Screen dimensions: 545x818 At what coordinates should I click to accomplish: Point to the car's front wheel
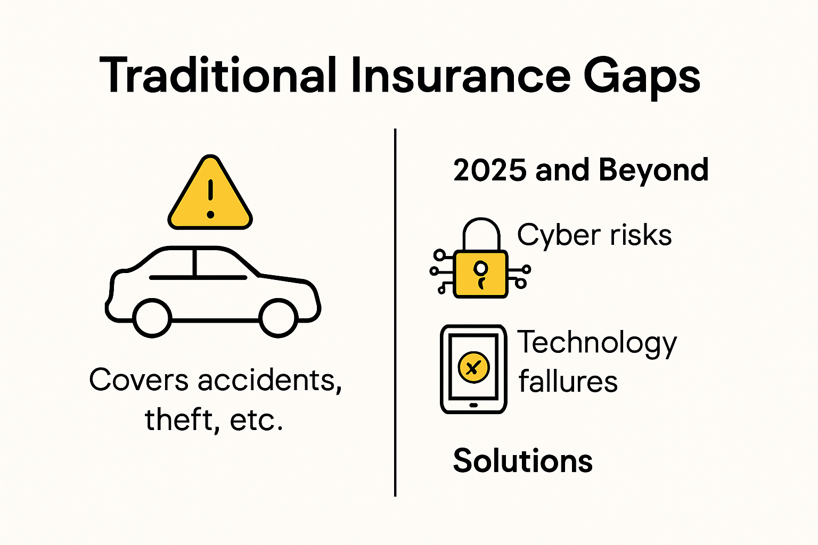[x=279, y=318]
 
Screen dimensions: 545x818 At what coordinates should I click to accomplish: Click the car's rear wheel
[x=152, y=318]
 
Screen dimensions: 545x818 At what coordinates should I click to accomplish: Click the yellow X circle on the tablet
[x=473, y=367]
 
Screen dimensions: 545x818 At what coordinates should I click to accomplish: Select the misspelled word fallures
[x=568, y=381]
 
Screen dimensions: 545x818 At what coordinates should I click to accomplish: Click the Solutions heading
[x=522, y=460]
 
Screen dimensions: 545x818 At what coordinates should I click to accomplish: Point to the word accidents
[x=270, y=380]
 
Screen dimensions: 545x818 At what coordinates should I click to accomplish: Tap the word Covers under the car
[x=139, y=380]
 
